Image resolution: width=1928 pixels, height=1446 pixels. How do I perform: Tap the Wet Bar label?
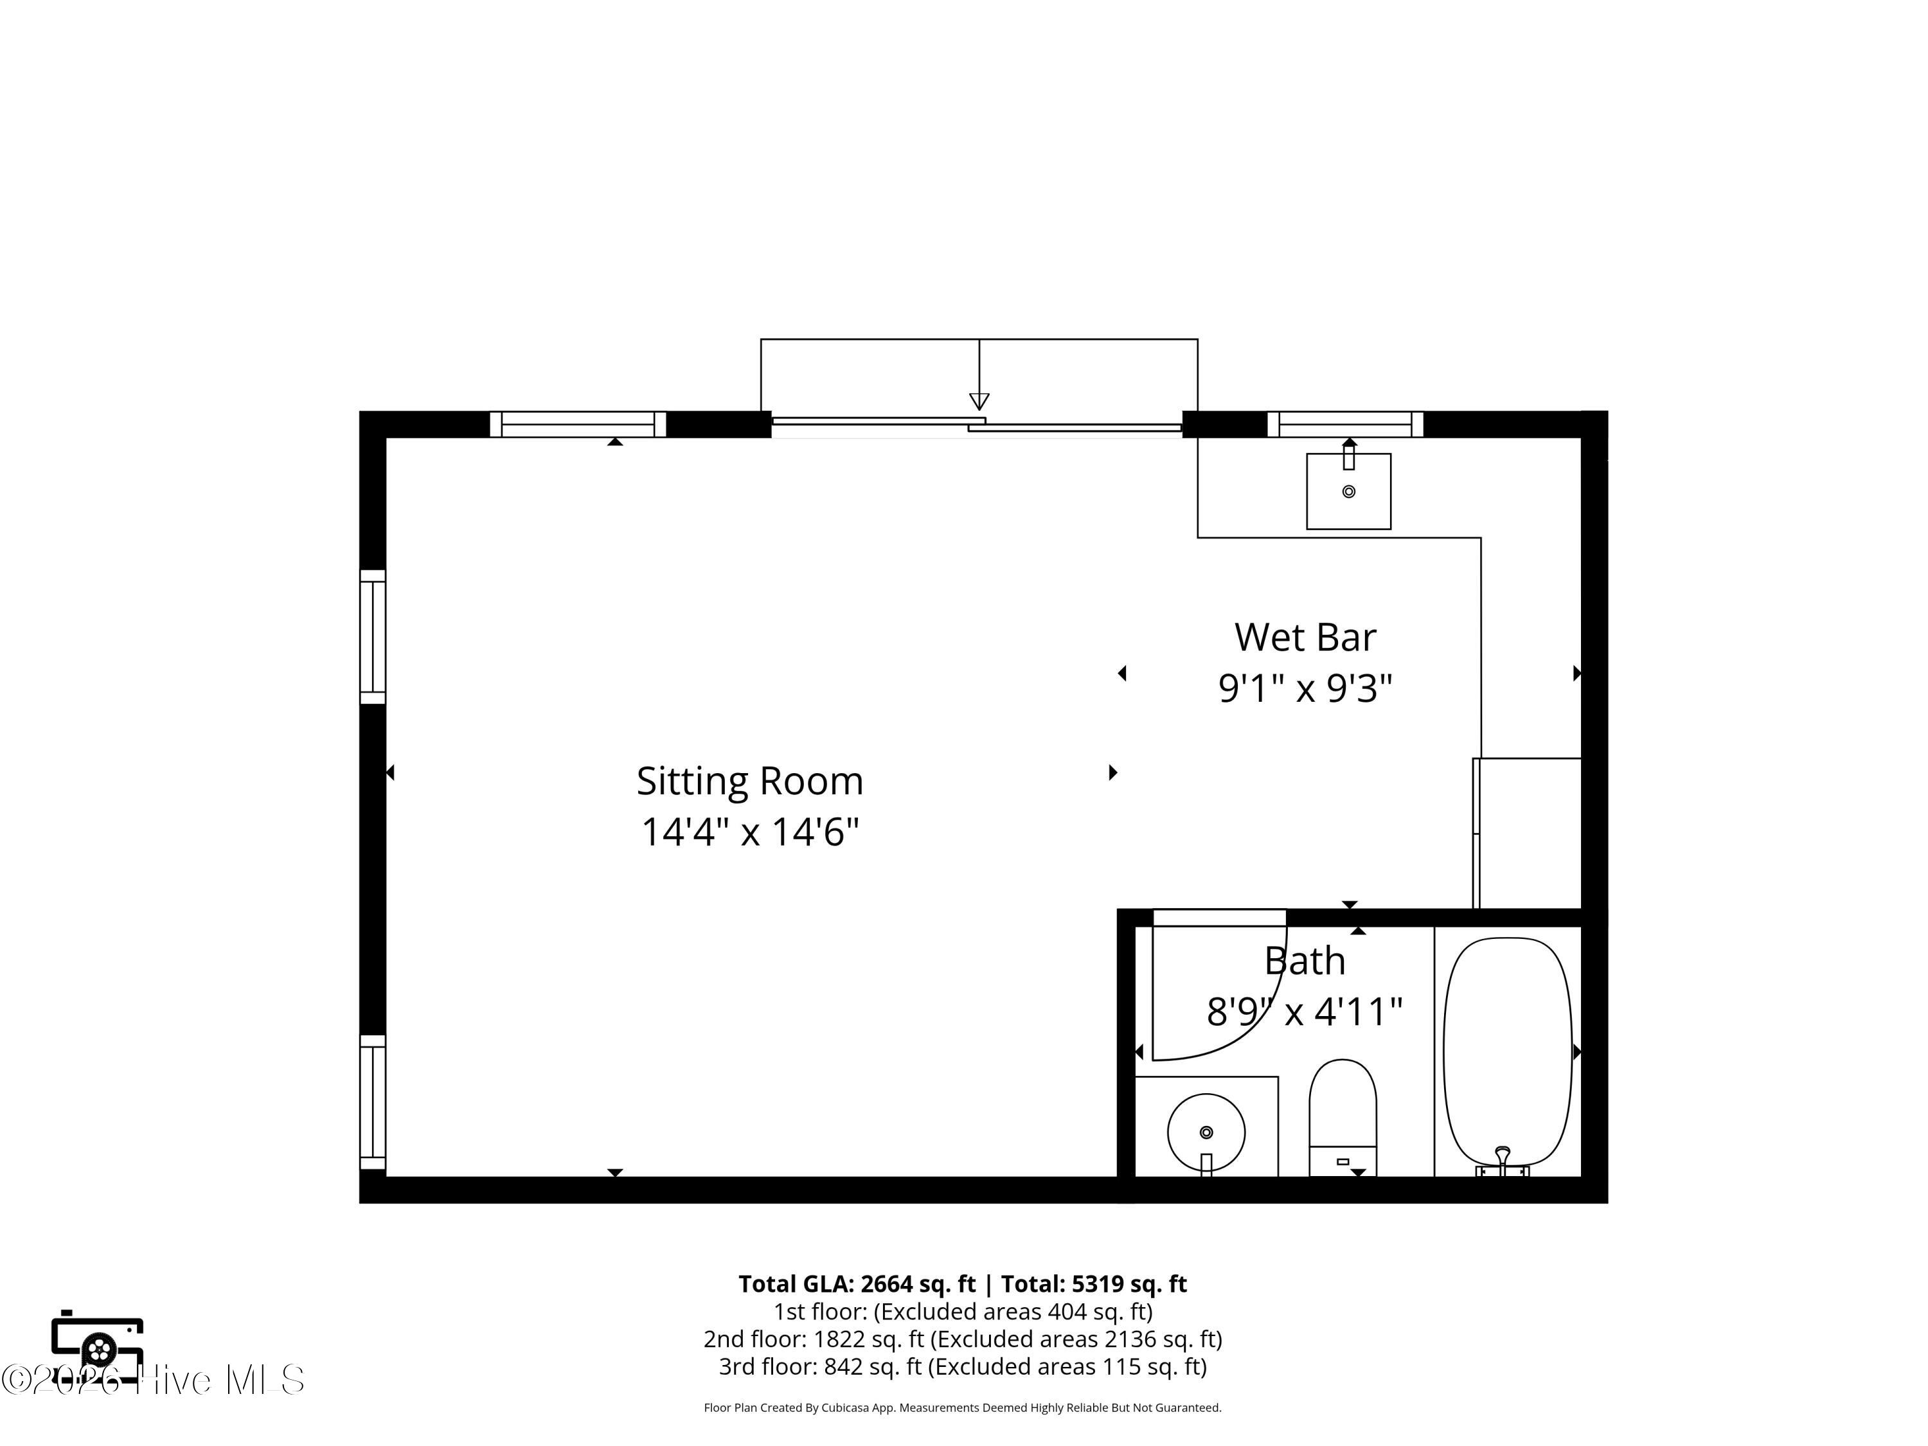(1305, 637)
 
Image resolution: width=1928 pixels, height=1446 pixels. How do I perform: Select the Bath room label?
(1305, 961)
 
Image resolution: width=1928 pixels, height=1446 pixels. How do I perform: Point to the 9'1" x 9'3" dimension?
(1305, 688)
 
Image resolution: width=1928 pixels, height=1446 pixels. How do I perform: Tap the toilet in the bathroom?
(1343, 1118)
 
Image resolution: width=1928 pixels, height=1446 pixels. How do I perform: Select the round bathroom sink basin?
(1206, 1132)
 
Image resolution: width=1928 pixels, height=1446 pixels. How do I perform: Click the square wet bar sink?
(1348, 491)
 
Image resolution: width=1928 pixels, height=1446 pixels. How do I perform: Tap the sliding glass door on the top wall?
(976, 424)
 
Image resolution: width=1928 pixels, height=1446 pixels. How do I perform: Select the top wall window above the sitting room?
(578, 424)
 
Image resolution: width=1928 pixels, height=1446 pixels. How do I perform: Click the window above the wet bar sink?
(1345, 424)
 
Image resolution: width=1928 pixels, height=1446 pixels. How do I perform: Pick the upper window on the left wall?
(373, 637)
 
